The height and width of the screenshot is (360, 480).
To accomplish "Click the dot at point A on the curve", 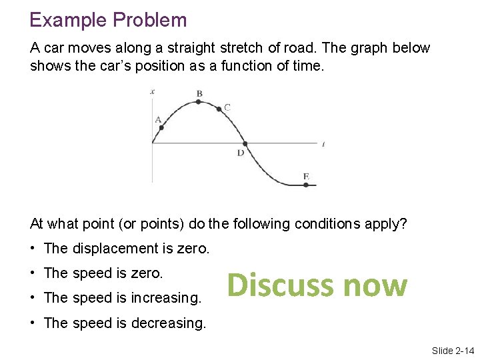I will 161,127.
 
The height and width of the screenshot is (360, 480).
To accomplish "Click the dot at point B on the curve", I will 199,102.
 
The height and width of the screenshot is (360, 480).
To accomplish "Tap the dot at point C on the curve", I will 219,109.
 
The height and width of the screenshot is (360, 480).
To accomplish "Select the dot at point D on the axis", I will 245,143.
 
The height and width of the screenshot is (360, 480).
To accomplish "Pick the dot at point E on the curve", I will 306,185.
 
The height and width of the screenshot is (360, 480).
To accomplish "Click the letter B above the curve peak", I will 199,93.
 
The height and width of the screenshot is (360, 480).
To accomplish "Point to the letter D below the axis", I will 241,153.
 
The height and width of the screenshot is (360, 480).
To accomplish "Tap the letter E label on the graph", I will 306,177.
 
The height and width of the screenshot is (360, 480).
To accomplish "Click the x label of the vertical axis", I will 153,91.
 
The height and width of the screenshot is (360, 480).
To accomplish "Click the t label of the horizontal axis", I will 323,143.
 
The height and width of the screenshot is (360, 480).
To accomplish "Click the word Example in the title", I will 69,21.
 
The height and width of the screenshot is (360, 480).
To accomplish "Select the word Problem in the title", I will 150,21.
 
